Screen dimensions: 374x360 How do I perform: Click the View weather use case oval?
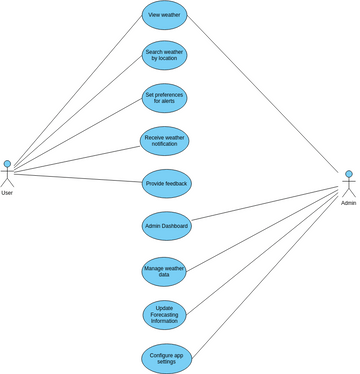[164, 15]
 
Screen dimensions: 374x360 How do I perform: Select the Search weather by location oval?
[164, 55]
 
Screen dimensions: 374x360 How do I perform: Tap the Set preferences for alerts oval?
[164, 98]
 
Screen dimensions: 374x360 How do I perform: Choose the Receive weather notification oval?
[164, 141]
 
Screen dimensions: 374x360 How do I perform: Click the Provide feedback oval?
[166, 184]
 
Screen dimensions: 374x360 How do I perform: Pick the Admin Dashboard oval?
[166, 227]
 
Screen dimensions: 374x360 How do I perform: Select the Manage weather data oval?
[164, 271]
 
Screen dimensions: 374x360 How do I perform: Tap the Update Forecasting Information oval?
[164, 314]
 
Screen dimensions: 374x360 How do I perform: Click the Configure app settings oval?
[164, 357]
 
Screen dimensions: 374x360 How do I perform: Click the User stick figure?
[8, 174]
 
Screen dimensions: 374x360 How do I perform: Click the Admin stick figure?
[349, 184]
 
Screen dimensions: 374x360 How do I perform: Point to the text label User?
[8, 193]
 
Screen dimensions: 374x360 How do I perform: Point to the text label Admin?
[349, 203]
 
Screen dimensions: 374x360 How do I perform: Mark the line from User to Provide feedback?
[80, 178]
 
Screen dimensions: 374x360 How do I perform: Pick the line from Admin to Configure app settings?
[265, 270]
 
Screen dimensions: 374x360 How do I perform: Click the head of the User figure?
[8, 164]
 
